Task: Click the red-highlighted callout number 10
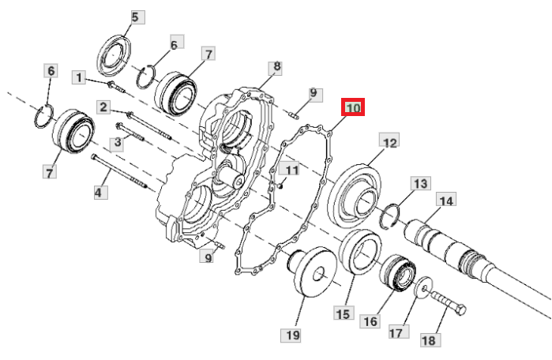click(x=353, y=107)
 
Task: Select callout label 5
click(x=136, y=17)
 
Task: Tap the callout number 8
click(x=277, y=67)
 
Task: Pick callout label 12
click(x=389, y=142)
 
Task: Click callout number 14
click(x=446, y=201)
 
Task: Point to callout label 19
click(x=292, y=335)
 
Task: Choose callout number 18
click(x=428, y=340)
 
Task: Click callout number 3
click(x=117, y=142)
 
